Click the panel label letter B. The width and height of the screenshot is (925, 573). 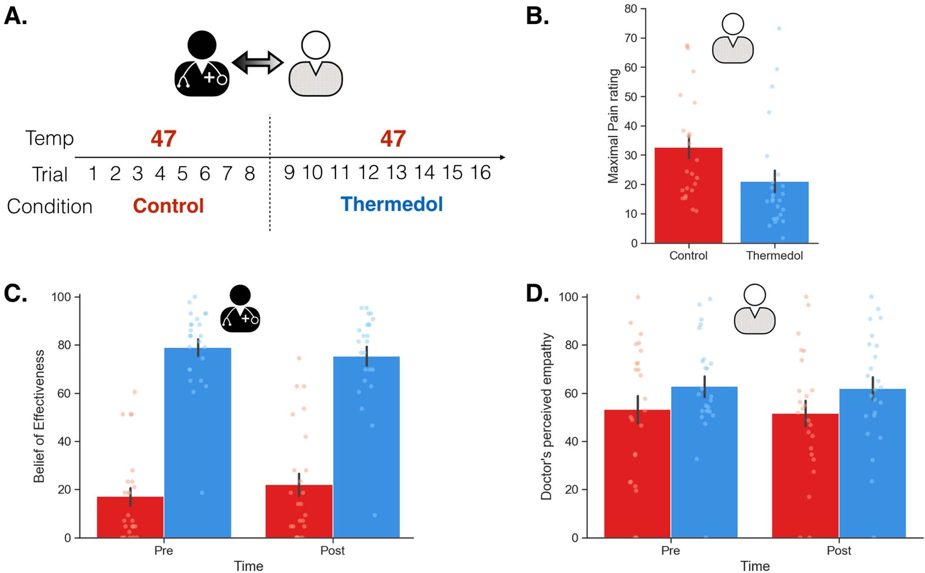click(x=537, y=17)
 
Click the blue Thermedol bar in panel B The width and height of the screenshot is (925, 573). click(x=774, y=213)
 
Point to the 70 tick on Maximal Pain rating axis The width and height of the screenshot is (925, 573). click(x=630, y=38)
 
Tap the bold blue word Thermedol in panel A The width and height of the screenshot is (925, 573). click(x=391, y=204)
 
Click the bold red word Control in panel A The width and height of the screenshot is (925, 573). click(x=168, y=206)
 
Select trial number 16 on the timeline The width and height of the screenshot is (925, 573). click(x=480, y=173)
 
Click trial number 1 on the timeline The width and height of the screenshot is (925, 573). click(x=92, y=173)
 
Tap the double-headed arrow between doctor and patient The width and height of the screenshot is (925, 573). click(x=258, y=62)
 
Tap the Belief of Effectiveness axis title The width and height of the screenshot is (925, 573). click(x=39, y=416)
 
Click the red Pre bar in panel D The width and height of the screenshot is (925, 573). click(x=637, y=474)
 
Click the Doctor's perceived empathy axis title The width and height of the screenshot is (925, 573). click(x=546, y=416)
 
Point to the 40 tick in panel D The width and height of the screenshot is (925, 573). click(x=571, y=441)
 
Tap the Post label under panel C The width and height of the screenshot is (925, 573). click(x=332, y=550)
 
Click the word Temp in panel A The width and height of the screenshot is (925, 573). click(x=49, y=138)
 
